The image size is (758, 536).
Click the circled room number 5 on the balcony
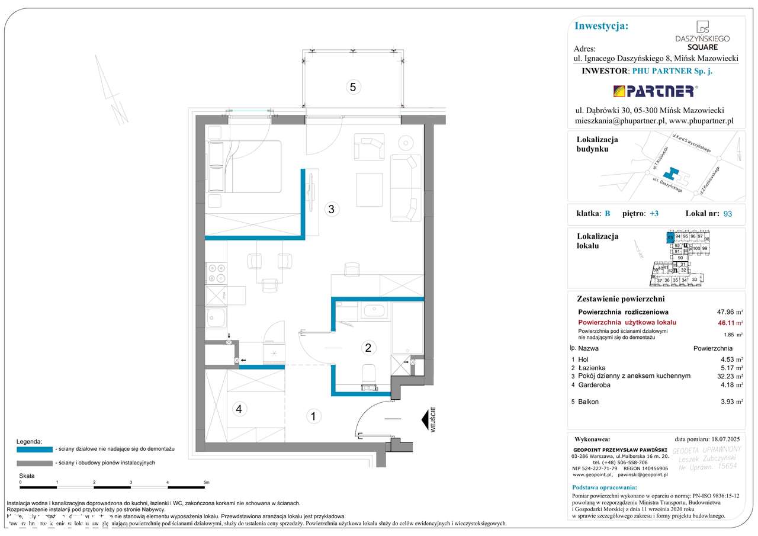pyautogui.click(x=352, y=87)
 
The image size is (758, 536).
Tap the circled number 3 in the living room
pyautogui.click(x=332, y=208)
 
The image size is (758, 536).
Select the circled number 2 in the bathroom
pyautogui.click(x=368, y=348)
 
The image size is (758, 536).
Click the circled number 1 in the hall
pyautogui.click(x=313, y=416)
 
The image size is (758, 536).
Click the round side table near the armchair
pyautogui.click(x=406, y=143)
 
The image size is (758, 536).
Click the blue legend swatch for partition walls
pyautogui.click(x=34, y=449)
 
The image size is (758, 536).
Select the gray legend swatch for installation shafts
pyautogui.click(x=34, y=463)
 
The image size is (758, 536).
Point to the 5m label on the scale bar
pyautogui.click(x=205, y=483)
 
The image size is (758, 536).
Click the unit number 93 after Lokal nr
pyautogui.click(x=727, y=214)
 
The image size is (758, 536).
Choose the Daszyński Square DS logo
pyautogui.click(x=702, y=36)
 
